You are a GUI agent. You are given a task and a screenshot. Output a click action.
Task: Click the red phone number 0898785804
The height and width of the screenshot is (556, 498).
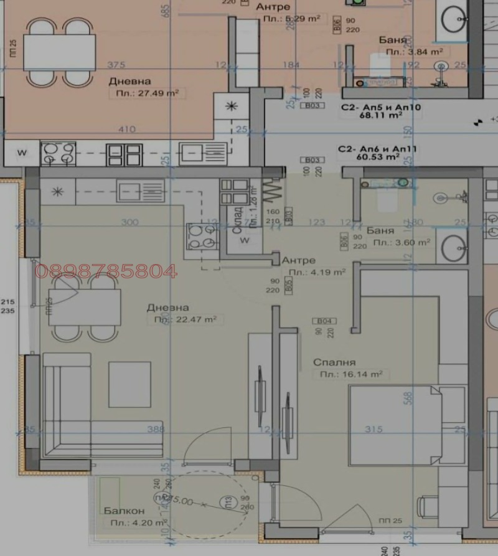[106, 271]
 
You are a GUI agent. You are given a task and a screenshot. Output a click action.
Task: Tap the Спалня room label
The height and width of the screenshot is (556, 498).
[334, 362]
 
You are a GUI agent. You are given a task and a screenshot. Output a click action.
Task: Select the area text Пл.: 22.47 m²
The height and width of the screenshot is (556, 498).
[186, 319]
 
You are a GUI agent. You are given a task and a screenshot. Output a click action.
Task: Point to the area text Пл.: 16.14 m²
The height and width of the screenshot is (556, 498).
[350, 374]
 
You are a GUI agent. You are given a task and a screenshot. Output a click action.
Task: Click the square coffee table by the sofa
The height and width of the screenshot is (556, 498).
[129, 384]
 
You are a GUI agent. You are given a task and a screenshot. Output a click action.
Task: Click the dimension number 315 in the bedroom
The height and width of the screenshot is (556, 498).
[374, 429]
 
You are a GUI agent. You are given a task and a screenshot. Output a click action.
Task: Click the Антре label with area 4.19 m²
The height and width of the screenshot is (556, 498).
[298, 260]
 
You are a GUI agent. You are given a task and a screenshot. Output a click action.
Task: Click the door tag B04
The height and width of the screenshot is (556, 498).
[326, 321]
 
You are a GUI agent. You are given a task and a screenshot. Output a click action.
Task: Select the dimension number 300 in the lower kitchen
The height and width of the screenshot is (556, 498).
[129, 222]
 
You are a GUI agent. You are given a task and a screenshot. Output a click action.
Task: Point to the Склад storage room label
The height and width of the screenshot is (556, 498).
[237, 221]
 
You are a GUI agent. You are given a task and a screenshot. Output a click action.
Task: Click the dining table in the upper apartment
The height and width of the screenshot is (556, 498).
[59, 52]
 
